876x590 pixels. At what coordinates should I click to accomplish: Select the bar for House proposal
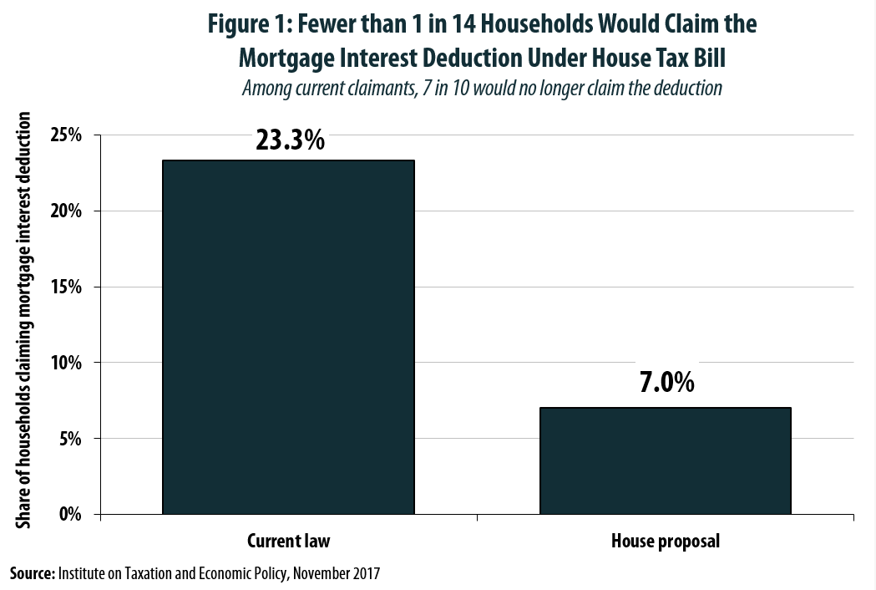point(665,460)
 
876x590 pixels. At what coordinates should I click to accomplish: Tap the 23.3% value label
point(289,140)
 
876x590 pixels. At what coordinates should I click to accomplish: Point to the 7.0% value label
point(666,383)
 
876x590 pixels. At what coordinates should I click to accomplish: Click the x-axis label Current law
point(289,541)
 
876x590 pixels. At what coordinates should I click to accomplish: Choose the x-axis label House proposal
point(666,541)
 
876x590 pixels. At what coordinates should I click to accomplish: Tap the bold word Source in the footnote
point(31,574)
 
